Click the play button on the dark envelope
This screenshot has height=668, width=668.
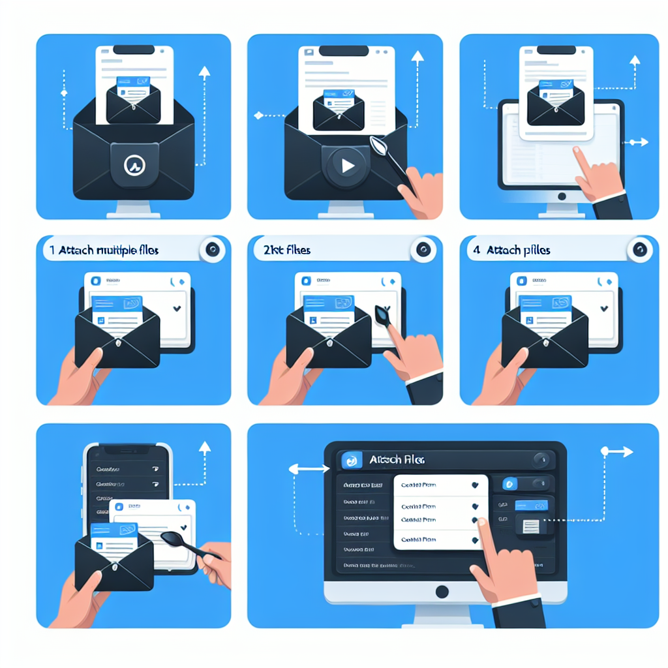[x=346, y=166]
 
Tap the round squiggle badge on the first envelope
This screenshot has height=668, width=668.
[x=134, y=166]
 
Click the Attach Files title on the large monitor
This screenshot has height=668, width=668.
[x=397, y=460]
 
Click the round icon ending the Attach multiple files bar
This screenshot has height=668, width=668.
[x=212, y=250]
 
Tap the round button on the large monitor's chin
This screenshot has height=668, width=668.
[x=442, y=592]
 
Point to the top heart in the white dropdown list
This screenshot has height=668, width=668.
[x=474, y=485]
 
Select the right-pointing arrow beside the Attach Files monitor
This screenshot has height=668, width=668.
[x=617, y=451]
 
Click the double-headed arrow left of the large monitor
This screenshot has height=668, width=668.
[x=309, y=468]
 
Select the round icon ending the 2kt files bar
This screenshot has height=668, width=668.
[x=422, y=250]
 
